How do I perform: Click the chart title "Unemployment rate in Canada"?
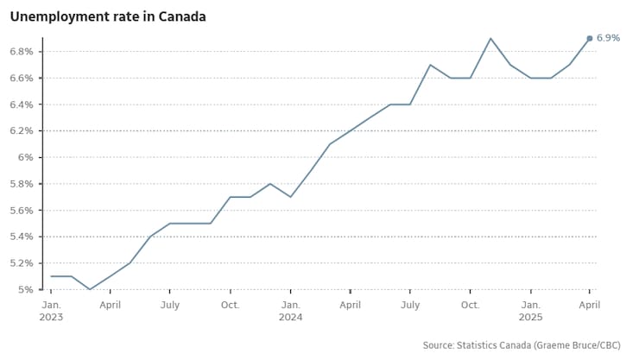[108, 16]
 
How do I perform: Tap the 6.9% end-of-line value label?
[608, 38]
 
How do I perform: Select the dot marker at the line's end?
[590, 38]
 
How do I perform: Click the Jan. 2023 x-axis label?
[51, 311]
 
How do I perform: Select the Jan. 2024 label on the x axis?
[291, 311]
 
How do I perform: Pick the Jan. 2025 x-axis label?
[531, 311]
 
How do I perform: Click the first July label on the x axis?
[170, 305]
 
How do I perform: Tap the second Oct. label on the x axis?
[471, 305]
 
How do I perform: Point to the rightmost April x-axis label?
[590, 305]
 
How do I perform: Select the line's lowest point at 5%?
[90, 289]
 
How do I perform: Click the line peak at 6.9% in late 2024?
[490, 38]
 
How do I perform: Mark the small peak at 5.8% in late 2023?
[270, 183]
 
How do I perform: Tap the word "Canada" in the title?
[182, 16]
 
